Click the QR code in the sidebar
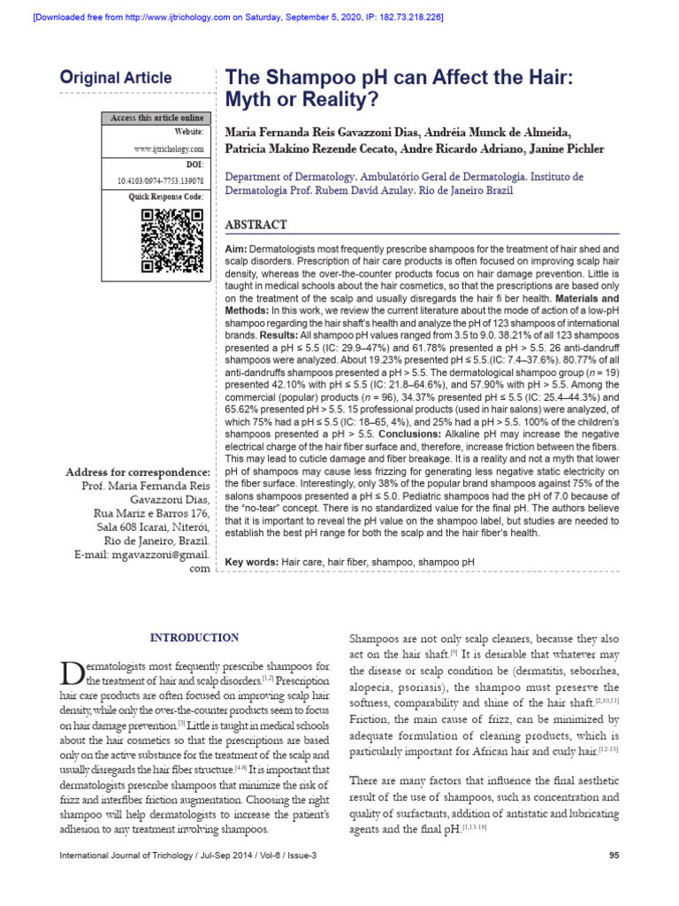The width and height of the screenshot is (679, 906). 172,241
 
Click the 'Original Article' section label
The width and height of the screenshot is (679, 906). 115,78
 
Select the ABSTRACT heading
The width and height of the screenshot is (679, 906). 256,225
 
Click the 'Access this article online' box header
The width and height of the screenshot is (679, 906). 156,118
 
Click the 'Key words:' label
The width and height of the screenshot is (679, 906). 253,562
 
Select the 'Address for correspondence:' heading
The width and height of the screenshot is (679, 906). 139,472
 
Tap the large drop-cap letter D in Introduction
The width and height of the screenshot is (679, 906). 72,674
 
